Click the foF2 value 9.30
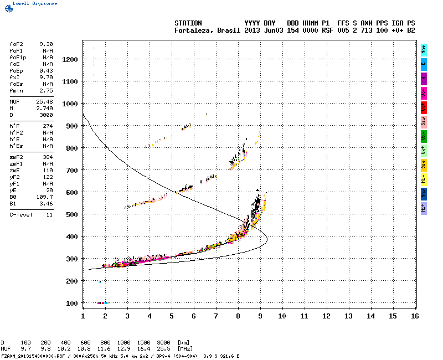click(x=46, y=44)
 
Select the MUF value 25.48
click(x=45, y=102)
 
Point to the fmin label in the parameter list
click(x=16, y=90)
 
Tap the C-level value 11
click(x=49, y=214)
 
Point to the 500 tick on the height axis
click(x=71, y=214)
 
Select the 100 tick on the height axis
click(x=71, y=303)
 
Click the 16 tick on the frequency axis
click(x=415, y=316)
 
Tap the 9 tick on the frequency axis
click(x=260, y=316)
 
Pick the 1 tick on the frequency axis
click(x=83, y=316)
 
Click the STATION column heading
click(x=188, y=23)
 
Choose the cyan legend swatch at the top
click(x=424, y=49)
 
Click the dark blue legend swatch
click(x=424, y=193)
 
